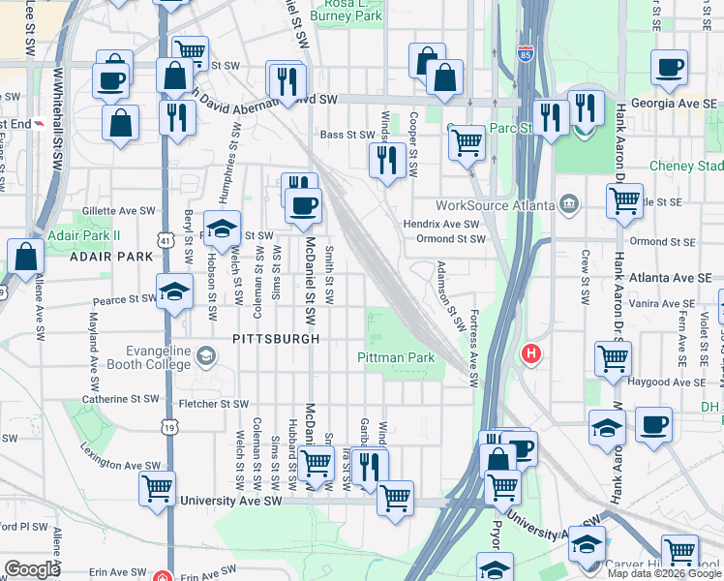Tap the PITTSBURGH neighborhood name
(x=276, y=339)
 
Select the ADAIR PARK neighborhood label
(x=111, y=257)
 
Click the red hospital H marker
(x=530, y=354)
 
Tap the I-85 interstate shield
(x=526, y=54)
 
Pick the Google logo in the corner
(x=32, y=568)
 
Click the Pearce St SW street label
(x=124, y=300)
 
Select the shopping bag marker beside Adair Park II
(x=26, y=258)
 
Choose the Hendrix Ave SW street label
(x=441, y=224)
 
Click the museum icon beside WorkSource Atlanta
(x=567, y=203)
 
